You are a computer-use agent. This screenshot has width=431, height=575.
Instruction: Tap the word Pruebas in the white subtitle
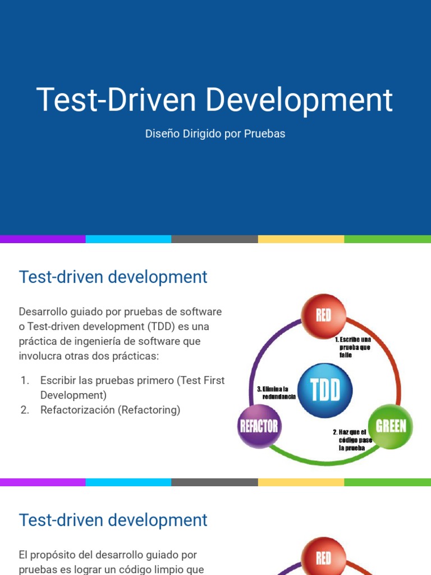264,134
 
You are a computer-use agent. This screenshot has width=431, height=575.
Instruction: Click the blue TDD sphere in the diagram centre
325,390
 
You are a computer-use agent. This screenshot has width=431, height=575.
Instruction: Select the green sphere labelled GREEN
391,426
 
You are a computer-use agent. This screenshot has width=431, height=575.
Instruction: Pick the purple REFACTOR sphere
259,426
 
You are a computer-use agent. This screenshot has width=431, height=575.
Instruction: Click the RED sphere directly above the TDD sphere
324,316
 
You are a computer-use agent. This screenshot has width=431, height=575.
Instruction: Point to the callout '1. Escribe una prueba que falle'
352,347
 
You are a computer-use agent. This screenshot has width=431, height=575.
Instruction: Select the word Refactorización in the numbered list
77,410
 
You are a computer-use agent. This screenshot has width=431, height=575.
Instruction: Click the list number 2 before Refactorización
25,410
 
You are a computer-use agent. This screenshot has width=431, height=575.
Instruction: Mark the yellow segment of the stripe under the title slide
301,239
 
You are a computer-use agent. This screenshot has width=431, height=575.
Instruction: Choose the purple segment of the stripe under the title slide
43,239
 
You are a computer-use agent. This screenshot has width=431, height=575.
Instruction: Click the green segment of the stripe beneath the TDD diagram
387,482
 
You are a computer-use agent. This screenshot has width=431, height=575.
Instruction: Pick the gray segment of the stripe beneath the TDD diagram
214,482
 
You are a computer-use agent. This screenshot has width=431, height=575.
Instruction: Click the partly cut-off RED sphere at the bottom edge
324,558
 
